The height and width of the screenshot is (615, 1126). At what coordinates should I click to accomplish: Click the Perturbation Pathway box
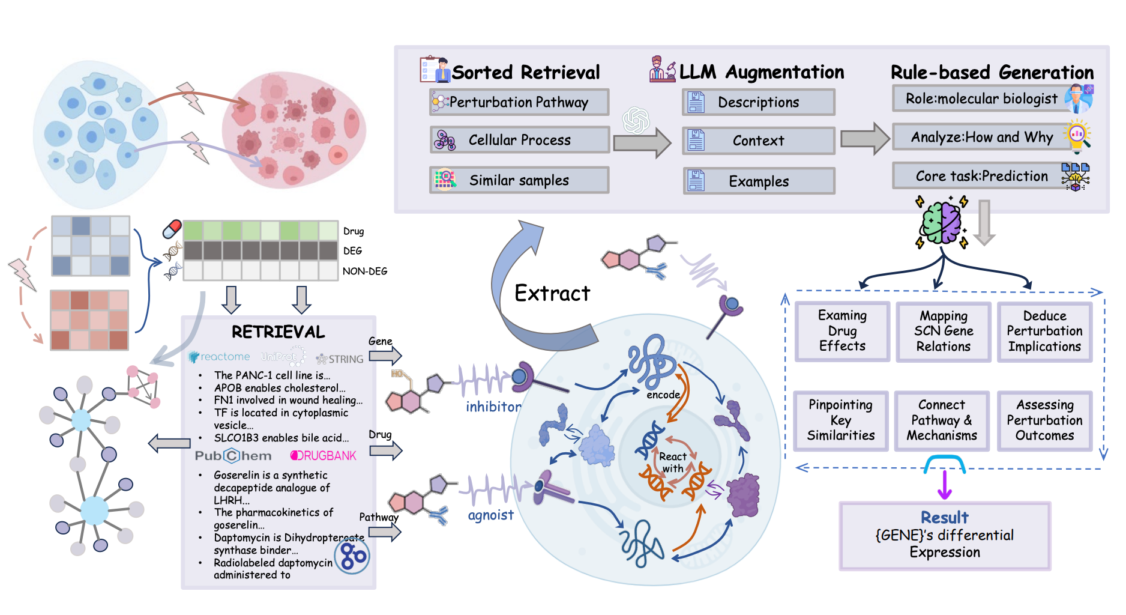pos(519,102)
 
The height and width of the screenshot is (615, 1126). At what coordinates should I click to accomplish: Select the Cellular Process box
pos(520,140)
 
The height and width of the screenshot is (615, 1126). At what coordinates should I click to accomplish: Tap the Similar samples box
pos(519,180)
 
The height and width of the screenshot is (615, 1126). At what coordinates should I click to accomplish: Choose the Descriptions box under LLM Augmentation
pos(758,102)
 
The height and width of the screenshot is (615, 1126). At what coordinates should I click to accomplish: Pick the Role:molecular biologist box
pos(981,98)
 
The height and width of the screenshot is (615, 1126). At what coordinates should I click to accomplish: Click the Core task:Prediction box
pos(981,176)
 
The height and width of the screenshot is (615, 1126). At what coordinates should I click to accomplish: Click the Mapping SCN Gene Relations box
pos(943,332)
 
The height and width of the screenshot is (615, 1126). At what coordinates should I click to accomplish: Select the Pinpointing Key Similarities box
pos(840,420)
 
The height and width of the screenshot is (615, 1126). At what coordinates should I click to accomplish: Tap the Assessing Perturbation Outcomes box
pos(1044,420)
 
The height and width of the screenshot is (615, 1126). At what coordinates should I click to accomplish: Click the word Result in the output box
pos(944,517)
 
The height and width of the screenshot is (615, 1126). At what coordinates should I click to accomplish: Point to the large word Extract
pos(552,293)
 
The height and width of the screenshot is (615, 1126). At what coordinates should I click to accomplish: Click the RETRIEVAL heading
pos(278,332)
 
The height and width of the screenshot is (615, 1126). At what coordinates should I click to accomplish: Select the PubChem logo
pos(233,456)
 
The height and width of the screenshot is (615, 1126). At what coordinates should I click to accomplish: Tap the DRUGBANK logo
pos(324,456)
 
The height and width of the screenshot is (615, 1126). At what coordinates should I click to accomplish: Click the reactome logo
pos(220,357)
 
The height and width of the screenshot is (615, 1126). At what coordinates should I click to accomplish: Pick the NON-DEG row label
pos(364,271)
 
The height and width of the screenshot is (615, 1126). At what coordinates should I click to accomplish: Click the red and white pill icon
pos(172,229)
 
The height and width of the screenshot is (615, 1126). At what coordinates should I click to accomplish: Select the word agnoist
pos(490,515)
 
